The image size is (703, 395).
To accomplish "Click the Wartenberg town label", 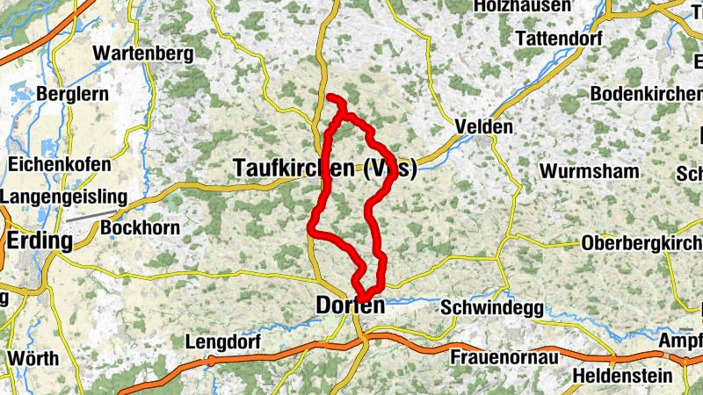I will tap(142, 54).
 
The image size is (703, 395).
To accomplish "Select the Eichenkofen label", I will tap(60, 164).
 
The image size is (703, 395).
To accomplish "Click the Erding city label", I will tap(40, 240).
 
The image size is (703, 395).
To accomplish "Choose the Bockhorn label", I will tap(141, 228).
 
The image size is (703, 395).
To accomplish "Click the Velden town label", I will tap(483, 127).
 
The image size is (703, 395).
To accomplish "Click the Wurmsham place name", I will tap(590, 170).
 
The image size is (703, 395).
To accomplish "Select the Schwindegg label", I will tap(491, 308).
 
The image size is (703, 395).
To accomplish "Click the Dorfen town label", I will tap(350, 306).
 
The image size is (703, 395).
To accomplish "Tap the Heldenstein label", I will tap(619, 377).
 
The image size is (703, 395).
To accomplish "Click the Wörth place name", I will tap(33, 358).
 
